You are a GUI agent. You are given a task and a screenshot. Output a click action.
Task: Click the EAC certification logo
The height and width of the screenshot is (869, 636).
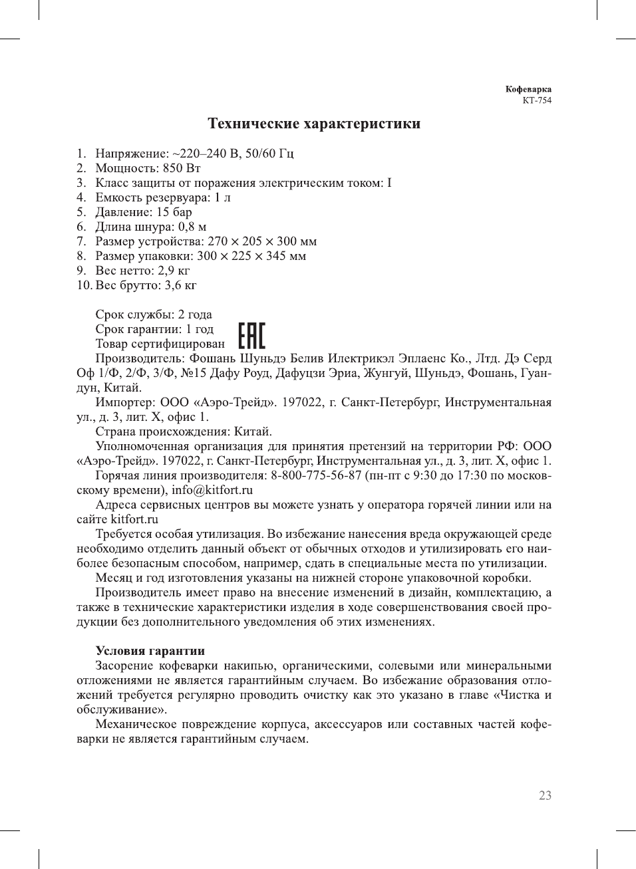tap(251, 336)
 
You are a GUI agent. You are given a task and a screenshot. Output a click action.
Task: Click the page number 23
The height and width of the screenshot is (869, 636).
tap(545, 796)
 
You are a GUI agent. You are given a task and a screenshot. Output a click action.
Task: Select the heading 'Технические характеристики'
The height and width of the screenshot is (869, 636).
tap(314, 124)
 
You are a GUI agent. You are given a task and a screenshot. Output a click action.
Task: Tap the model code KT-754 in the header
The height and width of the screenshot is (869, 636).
tap(537, 100)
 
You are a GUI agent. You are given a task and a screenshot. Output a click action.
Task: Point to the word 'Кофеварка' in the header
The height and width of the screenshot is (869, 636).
tap(528, 89)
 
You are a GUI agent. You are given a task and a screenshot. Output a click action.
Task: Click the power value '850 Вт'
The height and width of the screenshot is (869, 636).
tap(182, 168)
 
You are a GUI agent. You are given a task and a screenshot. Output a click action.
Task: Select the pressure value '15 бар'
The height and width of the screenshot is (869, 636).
tap(174, 212)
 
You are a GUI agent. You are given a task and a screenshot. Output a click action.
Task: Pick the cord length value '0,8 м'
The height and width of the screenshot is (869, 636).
tap(192, 227)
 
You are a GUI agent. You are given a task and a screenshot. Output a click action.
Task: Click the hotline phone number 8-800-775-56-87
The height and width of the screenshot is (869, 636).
tap(316, 475)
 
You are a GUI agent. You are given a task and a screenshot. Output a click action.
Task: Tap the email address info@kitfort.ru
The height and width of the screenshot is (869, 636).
tap(212, 490)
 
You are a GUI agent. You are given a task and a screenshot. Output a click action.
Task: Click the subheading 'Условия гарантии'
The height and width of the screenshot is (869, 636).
tap(150, 651)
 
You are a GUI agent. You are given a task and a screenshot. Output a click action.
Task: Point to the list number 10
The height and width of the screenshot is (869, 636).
tap(84, 285)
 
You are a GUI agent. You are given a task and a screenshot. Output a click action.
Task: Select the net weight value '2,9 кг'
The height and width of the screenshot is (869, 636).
tap(174, 271)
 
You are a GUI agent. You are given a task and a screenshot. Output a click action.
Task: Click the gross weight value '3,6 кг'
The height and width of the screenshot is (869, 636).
tap(181, 285)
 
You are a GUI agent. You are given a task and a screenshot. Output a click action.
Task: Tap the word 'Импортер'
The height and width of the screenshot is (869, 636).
tap(124, 402)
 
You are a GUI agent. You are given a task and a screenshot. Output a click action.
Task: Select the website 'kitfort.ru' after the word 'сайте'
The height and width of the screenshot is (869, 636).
tap(134, 519)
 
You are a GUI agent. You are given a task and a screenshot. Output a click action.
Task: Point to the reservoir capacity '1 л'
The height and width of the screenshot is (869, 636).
tap(222, 197)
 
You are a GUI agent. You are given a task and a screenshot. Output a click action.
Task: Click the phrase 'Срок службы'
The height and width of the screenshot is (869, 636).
tap(132, 314)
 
